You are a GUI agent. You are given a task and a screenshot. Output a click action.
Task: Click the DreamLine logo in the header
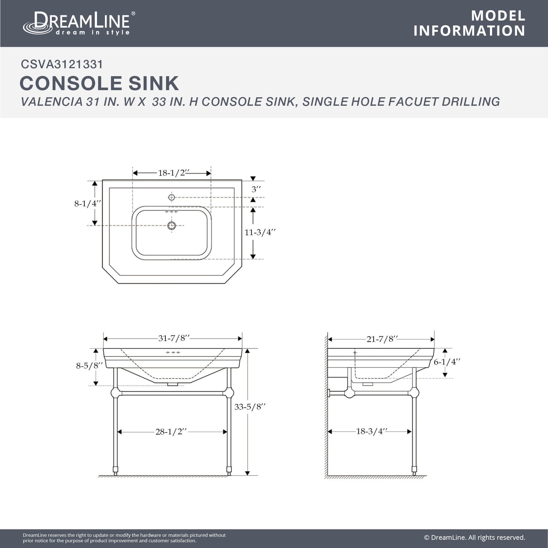(79, 23)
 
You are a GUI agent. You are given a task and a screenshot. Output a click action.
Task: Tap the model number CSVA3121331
(62, 64)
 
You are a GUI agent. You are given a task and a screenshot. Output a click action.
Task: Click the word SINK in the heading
(153, 83)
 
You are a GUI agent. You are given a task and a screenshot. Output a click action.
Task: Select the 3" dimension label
(256, 189)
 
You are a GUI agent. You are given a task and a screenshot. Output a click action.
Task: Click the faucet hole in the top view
(172, 197)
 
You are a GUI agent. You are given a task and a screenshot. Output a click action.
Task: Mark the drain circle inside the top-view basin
(172, 226)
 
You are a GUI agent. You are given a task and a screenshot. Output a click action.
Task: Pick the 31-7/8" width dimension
(174, 338)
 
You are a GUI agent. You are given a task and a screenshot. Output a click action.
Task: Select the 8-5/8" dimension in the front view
(89, 366)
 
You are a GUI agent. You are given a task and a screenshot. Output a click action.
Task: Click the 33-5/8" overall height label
(250, 407)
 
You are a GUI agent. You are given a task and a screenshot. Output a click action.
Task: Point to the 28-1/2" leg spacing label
(171, 432)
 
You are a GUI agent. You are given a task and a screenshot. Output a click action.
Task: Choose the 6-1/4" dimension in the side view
(447, 362)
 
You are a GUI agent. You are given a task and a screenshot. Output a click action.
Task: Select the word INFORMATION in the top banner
(469, 31)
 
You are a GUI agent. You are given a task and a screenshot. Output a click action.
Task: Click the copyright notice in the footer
(475, 538)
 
